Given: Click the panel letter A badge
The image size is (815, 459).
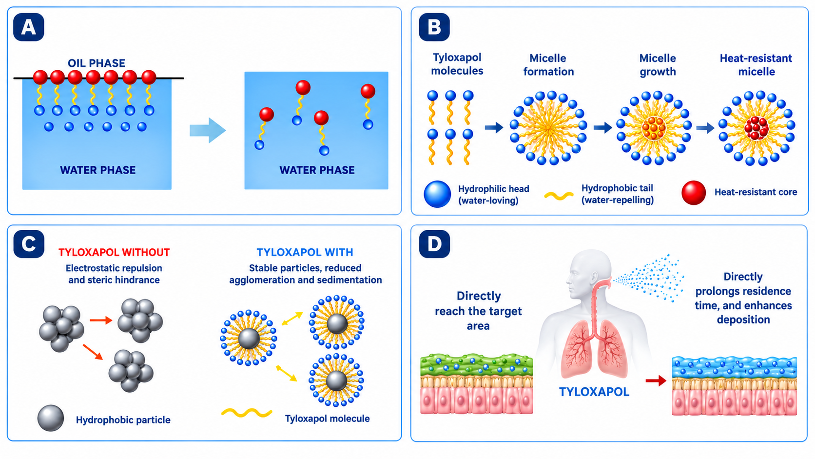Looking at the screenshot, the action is (29, 27).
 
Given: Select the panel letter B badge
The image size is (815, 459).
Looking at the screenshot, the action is (434, 27).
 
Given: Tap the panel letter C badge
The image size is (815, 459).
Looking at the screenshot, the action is (29, 244).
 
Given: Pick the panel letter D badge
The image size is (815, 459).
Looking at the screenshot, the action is (434, 244).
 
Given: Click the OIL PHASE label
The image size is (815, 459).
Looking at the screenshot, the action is (97, 63).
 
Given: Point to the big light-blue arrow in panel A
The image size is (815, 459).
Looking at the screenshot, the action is (208, 130).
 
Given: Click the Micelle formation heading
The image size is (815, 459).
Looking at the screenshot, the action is (548, 65).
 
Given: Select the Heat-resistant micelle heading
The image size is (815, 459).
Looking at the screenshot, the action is (756, 65).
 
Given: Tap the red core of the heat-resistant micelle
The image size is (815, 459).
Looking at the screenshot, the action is (756, 128).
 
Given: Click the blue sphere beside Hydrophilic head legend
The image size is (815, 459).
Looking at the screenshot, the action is (437, 194).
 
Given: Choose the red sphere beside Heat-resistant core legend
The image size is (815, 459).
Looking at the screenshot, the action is (694, 193).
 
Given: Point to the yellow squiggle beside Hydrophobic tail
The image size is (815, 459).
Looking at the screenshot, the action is (559, 196).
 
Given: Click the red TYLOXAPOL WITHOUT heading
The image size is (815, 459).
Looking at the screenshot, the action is (114, 252).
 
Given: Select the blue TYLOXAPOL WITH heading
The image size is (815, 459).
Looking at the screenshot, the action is (305, 252).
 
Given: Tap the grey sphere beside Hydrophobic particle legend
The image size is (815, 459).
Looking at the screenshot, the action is (51, 418).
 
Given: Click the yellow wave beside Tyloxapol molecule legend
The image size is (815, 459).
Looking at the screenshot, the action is (247, 412).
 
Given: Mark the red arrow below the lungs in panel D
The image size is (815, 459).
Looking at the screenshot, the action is (656, 381).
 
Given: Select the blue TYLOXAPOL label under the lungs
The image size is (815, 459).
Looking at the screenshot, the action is (594, 392).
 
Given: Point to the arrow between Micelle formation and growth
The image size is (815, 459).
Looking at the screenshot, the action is (603, 127).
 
